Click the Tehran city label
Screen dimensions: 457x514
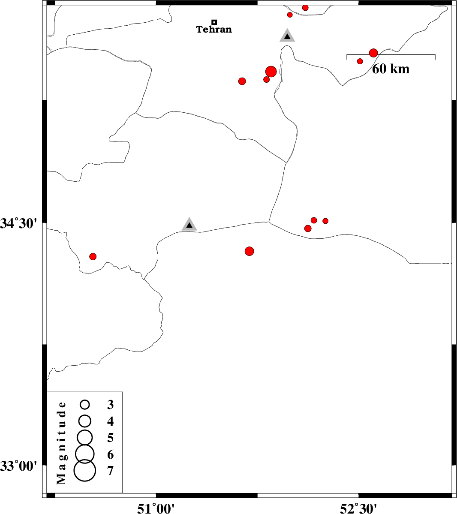click(214, 29)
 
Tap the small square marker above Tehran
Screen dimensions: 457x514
click(214, 22)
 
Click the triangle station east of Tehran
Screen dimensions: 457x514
click(287, 36)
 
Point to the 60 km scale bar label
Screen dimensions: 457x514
click(391, 69)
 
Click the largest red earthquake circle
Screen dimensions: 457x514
click(271, 72)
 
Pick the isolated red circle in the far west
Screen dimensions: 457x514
click(93, 256)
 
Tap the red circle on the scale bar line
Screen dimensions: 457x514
click(373, 53)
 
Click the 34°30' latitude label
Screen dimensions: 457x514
click(19, 223)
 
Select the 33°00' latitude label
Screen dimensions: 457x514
click(19, 466)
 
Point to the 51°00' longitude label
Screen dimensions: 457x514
click(156, 508)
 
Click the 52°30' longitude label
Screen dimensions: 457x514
click(358, 508)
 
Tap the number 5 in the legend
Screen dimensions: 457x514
click(111, 438)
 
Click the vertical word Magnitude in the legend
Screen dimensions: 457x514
click(61, 443)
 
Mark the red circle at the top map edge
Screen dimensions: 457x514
click(305, 8)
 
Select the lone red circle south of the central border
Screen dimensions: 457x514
click(250, 251)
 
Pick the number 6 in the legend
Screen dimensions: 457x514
click(111, 454)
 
